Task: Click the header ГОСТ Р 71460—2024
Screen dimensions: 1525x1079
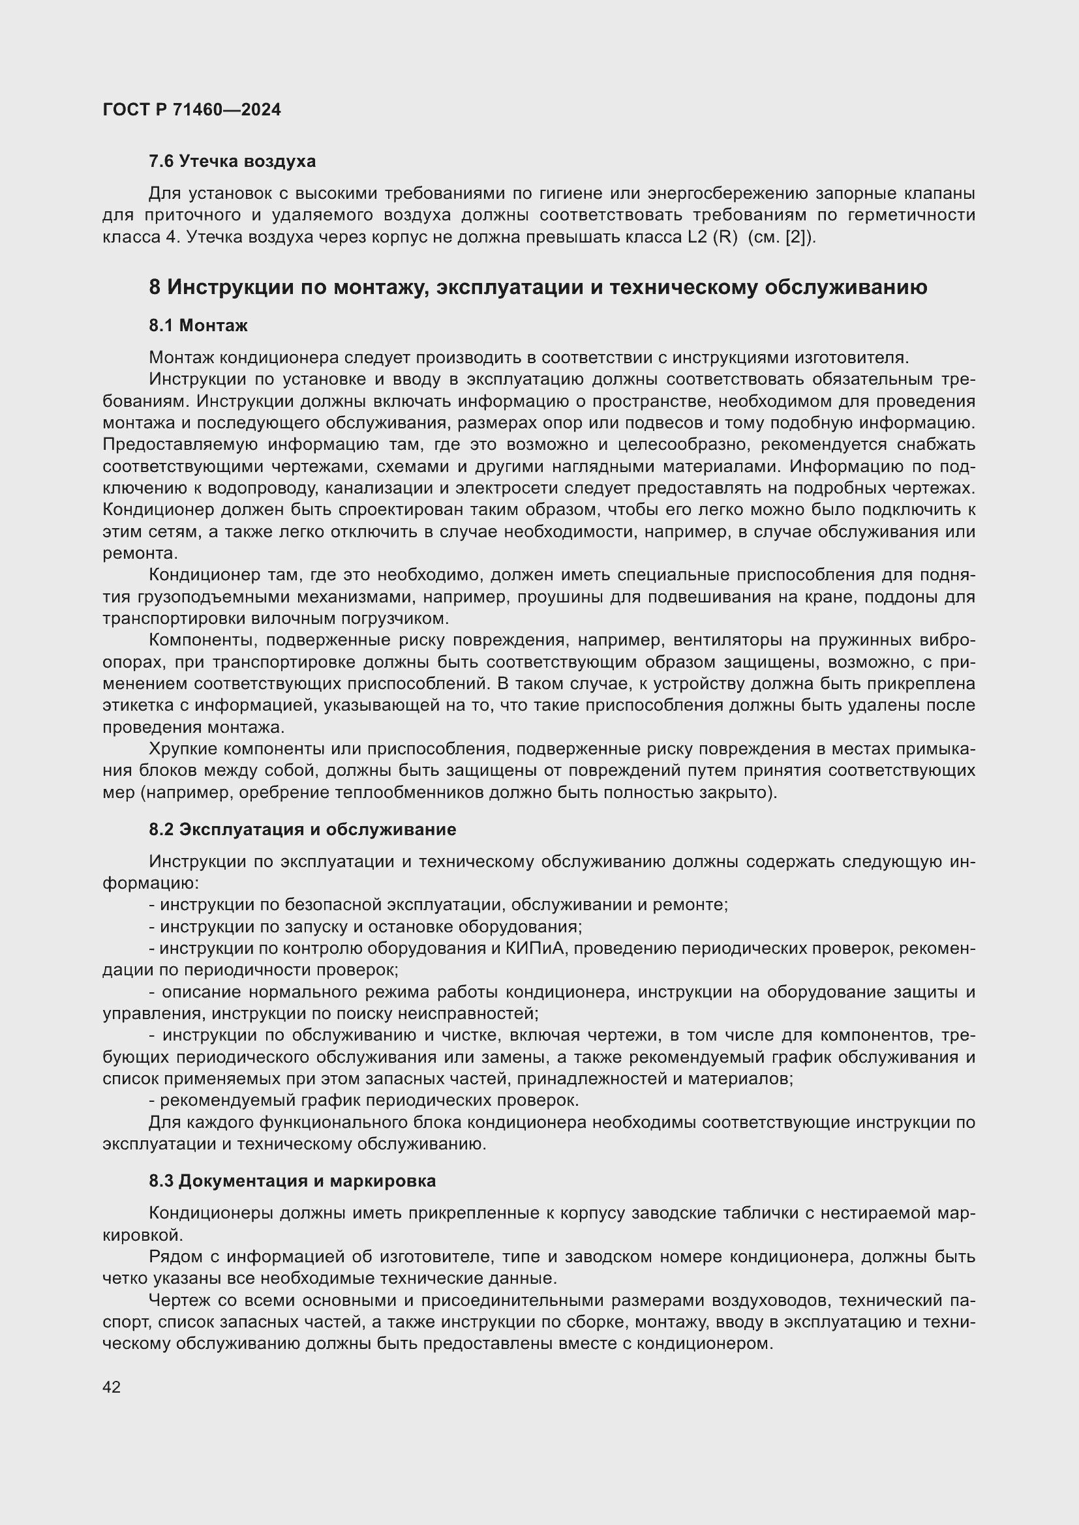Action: (x=191, y=110)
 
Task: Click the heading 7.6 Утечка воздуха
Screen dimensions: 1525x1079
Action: (x=232, y=162)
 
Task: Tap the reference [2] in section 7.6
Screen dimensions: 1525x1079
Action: (x=795, y=237)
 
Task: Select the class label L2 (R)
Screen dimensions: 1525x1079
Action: (x=713, y=237)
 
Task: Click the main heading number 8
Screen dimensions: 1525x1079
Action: (x=154, y=288)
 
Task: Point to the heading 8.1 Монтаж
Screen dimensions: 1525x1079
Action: (x=198, y=325)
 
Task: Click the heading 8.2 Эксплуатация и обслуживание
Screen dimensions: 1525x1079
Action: (x=302, y=829)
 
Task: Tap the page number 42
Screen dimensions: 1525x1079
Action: (x=112, y=1387)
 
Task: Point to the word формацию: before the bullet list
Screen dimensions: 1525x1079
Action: (x=150, y=883)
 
